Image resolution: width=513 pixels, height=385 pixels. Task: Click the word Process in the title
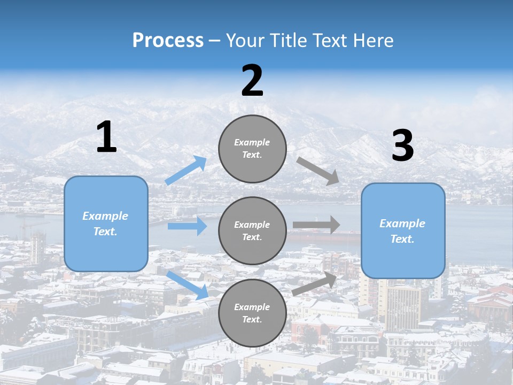(x=168, y=41)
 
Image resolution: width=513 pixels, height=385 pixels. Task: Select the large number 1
(x=106, y=137)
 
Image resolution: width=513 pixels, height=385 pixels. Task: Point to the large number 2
(x=252, y=81)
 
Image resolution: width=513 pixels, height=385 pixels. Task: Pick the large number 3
(x=402, y=146)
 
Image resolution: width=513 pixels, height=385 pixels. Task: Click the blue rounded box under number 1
(x=106, y=224)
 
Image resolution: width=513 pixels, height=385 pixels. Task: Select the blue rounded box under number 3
(x=403, y=231)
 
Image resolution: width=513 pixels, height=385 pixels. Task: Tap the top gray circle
(x=252, y=149)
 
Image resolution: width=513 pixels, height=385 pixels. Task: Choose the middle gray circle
(x=252, y=230)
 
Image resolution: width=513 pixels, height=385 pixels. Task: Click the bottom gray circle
(x=252, y=313)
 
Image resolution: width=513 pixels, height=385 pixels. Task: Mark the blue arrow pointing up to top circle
(x=186, y=171)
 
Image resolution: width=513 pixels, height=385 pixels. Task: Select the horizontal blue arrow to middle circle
(x=187, y=226)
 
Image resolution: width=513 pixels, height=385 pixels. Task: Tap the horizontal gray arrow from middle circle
(x=316, y=225)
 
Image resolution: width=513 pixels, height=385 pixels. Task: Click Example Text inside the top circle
(x=252, y=149)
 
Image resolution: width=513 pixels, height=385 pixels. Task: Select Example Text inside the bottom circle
(x=252, y=313)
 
